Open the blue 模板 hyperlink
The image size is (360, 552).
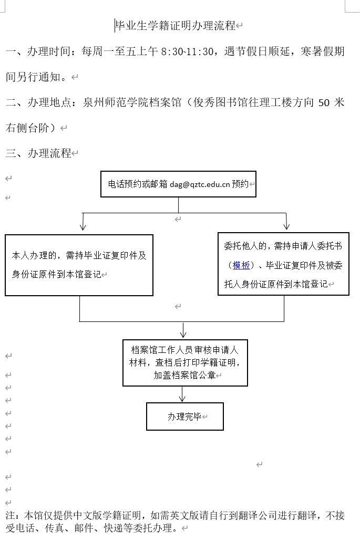(241, 265)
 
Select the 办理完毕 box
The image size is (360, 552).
(184, 417)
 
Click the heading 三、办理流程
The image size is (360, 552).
(38, 153)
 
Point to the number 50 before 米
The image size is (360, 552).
(324, 103)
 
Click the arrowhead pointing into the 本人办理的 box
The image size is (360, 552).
(83, 226)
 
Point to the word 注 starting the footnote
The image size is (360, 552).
(10, 515)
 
